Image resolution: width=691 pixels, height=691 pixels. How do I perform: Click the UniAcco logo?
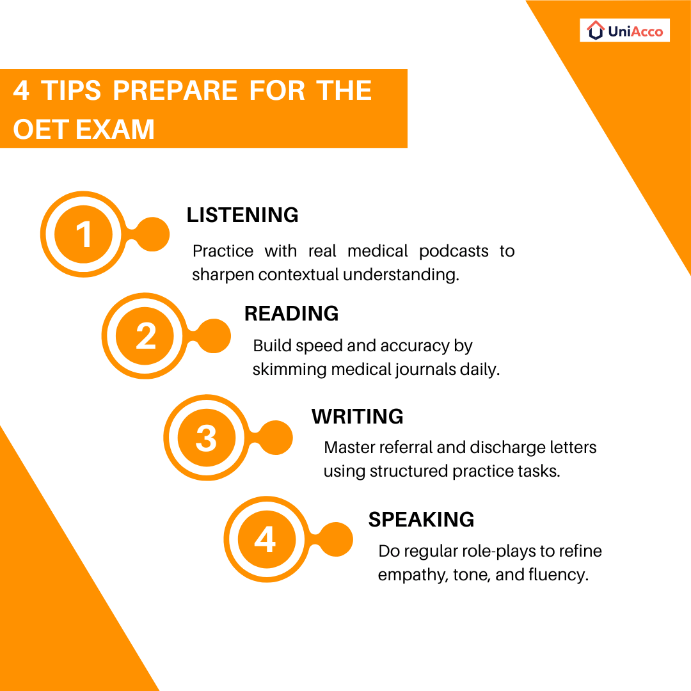[624, 30]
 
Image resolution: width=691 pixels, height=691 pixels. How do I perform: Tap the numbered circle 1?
[84, 235]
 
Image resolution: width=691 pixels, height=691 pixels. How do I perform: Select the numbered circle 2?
[146, 336]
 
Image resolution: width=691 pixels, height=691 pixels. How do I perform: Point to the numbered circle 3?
[206, 439]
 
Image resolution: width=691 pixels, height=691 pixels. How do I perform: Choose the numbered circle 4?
[265, 541]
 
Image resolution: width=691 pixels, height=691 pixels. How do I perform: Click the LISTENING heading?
[242, 215]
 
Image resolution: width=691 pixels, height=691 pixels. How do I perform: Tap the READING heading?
[291, 314]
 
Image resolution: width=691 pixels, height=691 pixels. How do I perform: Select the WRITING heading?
[357, 417]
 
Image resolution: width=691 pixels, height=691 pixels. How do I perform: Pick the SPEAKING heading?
[421, 519]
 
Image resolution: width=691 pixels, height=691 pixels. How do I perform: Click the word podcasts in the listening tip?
[454, 251]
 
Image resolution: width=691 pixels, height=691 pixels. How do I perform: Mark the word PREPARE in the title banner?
[175, 90]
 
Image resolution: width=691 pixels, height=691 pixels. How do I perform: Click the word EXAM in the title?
[115, 129]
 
